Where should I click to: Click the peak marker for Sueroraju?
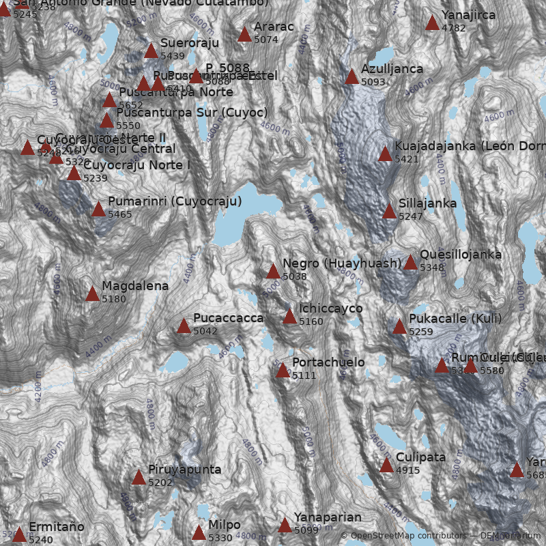[151, 51]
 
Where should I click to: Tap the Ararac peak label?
[273, 27]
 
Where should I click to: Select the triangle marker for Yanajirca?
[432, 23]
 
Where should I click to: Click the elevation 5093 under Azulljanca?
[373, 82]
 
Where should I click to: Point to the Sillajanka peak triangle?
[389, 211]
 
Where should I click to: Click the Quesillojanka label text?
[460, 255]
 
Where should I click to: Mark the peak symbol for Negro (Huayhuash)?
[273, 271]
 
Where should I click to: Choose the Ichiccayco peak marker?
[290, 316]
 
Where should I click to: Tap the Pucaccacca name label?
[228, 318]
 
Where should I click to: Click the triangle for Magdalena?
[92, 293]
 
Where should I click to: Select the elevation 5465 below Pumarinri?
[120, 214]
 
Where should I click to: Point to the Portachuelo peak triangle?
[283, 370]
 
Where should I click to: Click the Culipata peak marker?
[386, 465]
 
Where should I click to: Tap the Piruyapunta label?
[184, 470]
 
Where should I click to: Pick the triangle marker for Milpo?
[199, 532]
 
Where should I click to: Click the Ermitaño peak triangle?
[19, 534]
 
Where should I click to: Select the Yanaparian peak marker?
[285, 525]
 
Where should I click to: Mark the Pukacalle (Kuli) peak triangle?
[399, 326]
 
